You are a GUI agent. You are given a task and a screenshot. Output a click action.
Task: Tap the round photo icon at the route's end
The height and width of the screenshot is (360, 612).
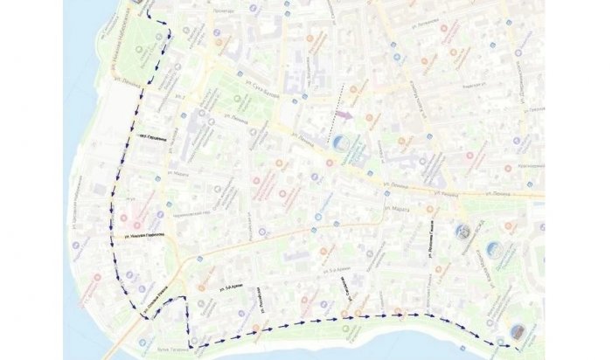tap(518, 332)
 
